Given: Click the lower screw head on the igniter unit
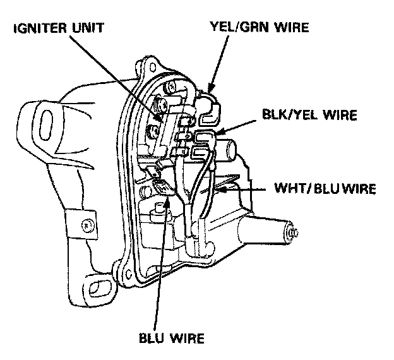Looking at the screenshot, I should point(154,133).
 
